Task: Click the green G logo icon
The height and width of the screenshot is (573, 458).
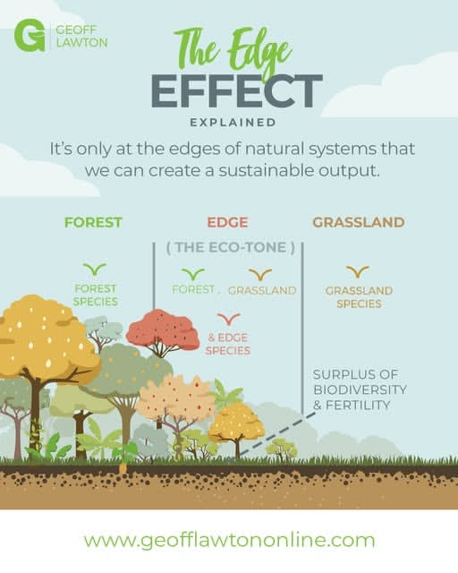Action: coord(30,36)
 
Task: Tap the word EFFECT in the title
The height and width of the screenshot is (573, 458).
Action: coord(237,91)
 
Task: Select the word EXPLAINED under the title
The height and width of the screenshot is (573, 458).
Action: coord(233,123)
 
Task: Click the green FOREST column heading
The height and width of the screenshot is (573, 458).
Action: coord(93,222)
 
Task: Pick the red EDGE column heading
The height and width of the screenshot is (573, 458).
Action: coord(227,222)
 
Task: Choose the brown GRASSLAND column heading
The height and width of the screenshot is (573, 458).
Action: coord(359,222)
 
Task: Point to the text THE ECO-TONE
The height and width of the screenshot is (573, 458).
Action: coord(231,247)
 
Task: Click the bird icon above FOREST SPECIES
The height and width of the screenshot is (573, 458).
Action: coord(95,269)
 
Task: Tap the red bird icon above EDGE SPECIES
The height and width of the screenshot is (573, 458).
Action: coord(229,319)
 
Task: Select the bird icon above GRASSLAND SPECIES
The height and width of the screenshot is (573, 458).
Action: coord(358,272)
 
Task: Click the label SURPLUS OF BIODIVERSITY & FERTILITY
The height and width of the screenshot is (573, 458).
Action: coord(360,389)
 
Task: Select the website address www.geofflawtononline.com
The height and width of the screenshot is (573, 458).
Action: coord(229,540)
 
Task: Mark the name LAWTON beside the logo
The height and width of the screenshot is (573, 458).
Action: coord(81,42)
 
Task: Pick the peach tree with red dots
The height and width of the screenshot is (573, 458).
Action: coord(175,399)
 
